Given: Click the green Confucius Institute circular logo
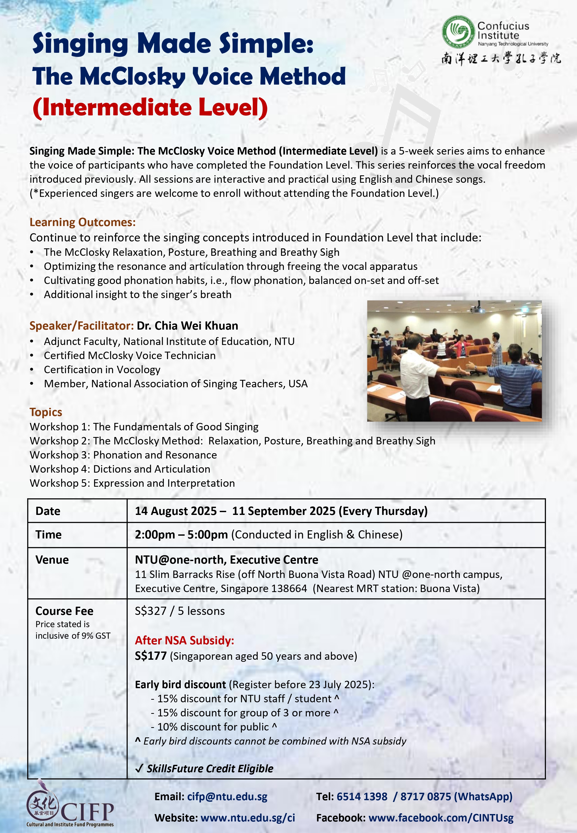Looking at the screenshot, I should click(458, 32).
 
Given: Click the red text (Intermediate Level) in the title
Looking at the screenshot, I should click(150, 108).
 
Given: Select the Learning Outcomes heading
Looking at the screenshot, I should click(82, 222).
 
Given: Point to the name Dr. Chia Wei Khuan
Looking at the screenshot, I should click(187, 326).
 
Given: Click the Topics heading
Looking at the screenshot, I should click(46, 412).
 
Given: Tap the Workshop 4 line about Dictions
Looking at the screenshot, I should click(120, 469).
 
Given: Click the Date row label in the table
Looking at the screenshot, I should click(48, 511).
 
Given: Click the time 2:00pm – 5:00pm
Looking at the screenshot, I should click(181, 535).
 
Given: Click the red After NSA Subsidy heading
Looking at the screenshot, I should click(184, 641).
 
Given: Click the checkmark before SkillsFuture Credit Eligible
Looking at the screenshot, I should click(139, 769).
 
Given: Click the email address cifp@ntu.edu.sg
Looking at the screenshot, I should click(227, 797).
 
